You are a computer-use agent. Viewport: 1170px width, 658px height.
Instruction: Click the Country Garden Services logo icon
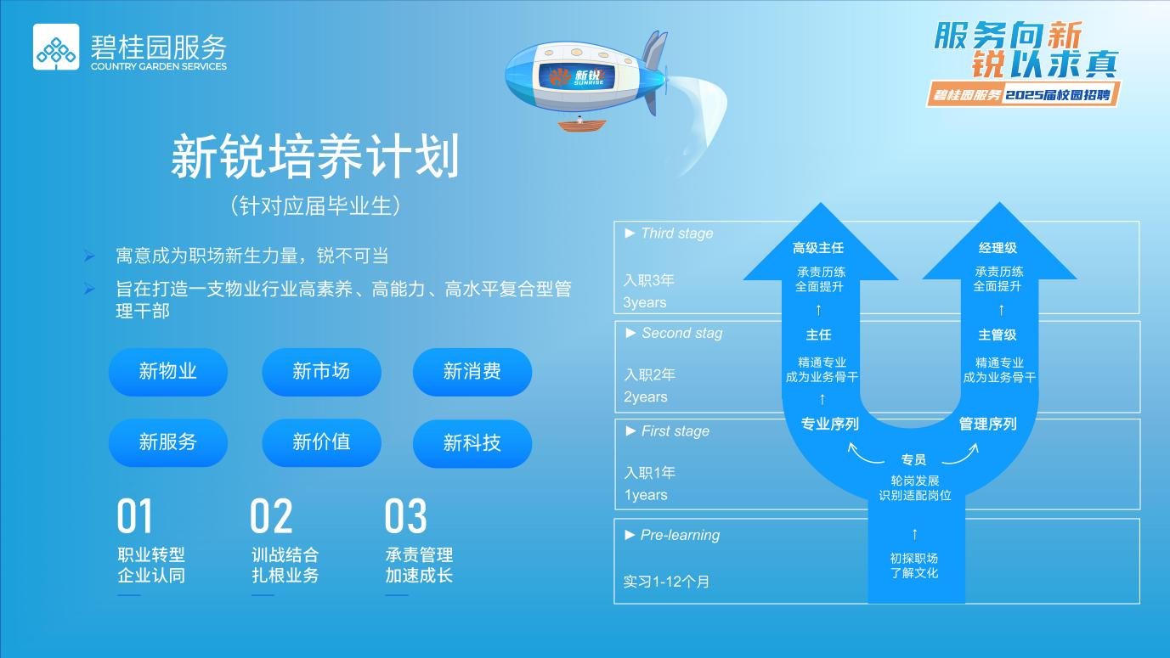[x=56, y=47]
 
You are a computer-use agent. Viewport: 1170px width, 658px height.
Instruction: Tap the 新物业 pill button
[x=168, y=372]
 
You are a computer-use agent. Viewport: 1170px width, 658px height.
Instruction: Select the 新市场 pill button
[x=321, y=372]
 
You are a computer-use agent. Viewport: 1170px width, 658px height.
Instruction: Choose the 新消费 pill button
[x=472, y=372]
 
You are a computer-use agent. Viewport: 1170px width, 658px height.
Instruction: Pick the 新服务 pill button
[x=168, y=442]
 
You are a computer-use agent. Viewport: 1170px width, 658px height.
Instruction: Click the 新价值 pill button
[x=321, y=442]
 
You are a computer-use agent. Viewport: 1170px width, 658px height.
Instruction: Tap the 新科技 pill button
[x=472, y=443]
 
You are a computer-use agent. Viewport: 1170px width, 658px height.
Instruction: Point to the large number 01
[x=135, y=516]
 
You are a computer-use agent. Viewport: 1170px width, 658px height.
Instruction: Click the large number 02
[x=271, y=516]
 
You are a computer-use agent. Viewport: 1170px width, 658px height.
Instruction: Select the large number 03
[x=405, y=516]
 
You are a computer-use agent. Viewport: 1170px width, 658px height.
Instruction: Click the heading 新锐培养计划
[x=315, y=157]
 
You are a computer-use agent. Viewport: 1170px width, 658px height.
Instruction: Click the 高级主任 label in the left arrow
[x=818, y=248]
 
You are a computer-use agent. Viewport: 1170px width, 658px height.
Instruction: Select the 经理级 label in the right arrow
[x=998, y=248]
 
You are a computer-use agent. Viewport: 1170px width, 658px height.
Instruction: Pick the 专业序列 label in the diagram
[x=829, y=424]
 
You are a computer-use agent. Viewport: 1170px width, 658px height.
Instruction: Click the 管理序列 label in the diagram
[x=987, y=424]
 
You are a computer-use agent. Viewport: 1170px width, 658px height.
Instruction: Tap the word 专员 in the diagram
[x=913, y=460]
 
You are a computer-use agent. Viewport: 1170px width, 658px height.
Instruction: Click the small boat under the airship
[x=583, y=125]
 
